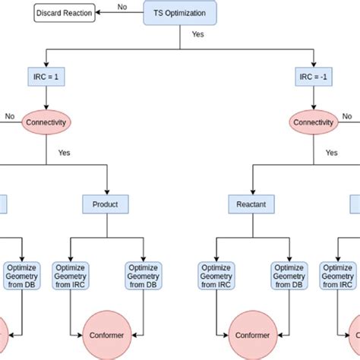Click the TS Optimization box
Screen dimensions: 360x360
[x=179, y=13]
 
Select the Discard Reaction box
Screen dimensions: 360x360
[x=65, y=13]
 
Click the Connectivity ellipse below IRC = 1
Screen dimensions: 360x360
[x=47, y=122]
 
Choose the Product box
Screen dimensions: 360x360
[x=106, y=204]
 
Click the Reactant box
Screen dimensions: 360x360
[x=251, y=204]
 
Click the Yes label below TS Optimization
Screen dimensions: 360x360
[x=197, y=34]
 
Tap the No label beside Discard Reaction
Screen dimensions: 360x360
[x=122, y=7]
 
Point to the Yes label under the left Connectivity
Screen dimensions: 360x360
[x=65, y=153]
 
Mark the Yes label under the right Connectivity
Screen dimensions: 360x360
[x=332, y=153]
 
